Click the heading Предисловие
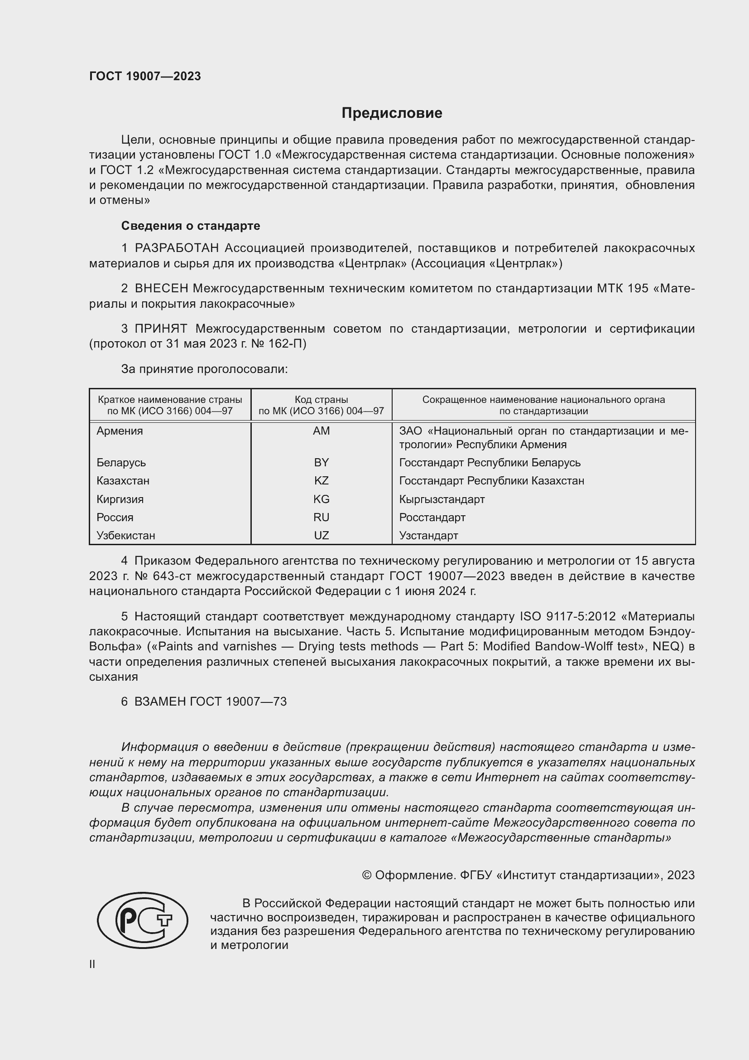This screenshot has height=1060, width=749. (x=392, y=113)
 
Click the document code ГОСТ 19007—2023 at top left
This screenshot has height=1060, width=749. (x=145, y=77)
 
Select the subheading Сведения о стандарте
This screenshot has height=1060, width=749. (x=191, y=226)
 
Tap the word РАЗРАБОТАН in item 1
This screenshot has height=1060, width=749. (x=177, y=248)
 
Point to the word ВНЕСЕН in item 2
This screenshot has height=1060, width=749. (x=161, y=289)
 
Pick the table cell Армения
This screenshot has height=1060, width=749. (x=120, y=431)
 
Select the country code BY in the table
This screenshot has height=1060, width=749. (x=321, y=463)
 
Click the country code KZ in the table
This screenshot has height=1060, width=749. (x=321, y=480)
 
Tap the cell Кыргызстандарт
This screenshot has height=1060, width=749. (x=442, y=499)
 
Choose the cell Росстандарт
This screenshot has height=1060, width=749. (x=432, y=517)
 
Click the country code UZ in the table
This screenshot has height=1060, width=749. (x=321, y=536)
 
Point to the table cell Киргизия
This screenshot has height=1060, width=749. (x=120, y=499)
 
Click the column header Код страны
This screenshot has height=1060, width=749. (x=321, y=400)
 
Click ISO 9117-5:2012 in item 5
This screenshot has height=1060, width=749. (x=568, y=617)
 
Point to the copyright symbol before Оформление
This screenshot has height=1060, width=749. (x=367, y=876)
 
